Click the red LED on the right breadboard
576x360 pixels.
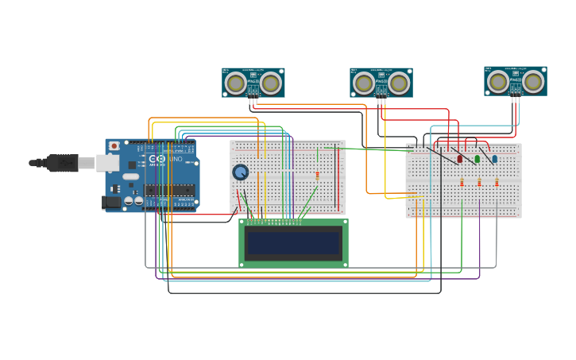click(x=460, y=159)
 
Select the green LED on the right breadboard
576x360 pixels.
click(x=477, y=159)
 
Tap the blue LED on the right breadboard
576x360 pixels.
click(x=495, y=159)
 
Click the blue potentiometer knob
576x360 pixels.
click(x=240, y=172)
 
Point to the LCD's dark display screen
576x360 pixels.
click(x=293, y=243)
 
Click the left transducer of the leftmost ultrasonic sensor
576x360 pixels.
click(x=236, y=83)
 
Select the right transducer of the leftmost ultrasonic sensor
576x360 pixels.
click(x=271, y=83)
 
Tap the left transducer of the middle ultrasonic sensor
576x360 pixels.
click(x=364, y=83)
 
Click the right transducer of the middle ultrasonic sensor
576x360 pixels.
click(x=399, y=83)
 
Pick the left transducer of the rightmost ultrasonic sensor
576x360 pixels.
click(x=498, y=81)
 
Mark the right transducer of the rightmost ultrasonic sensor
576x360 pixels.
click(x=533, y=81)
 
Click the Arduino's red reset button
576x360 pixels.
click(x=114, y=146)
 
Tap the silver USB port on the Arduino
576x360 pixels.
click(x=108, y=163)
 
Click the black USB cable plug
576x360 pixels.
click(x=62, y=163)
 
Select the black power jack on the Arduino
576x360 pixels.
click(x=112, y=203)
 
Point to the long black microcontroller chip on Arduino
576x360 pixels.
click(x=169, y=190)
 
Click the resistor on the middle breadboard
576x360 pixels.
click(x=317, y=176)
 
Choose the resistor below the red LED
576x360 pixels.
click(x=462, y=182)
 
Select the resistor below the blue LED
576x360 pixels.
click(x=497, y=182)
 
